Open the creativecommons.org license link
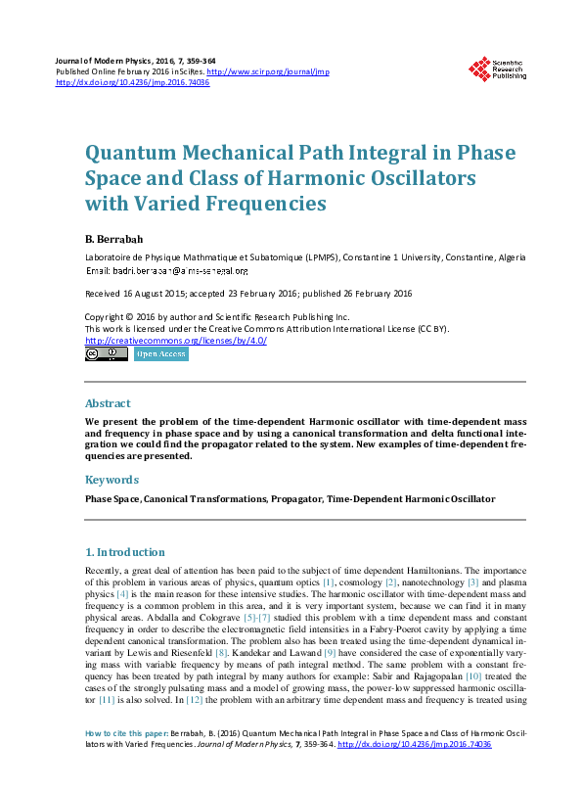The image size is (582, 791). [x=176, y=340]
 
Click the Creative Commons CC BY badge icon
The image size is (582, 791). [x=107, y=354]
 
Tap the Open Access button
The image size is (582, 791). [x=160, y=354]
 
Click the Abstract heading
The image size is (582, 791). [x=108, y=403]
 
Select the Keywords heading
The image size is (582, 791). [x=112, y=480]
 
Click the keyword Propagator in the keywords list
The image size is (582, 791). [x=297, y=499]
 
